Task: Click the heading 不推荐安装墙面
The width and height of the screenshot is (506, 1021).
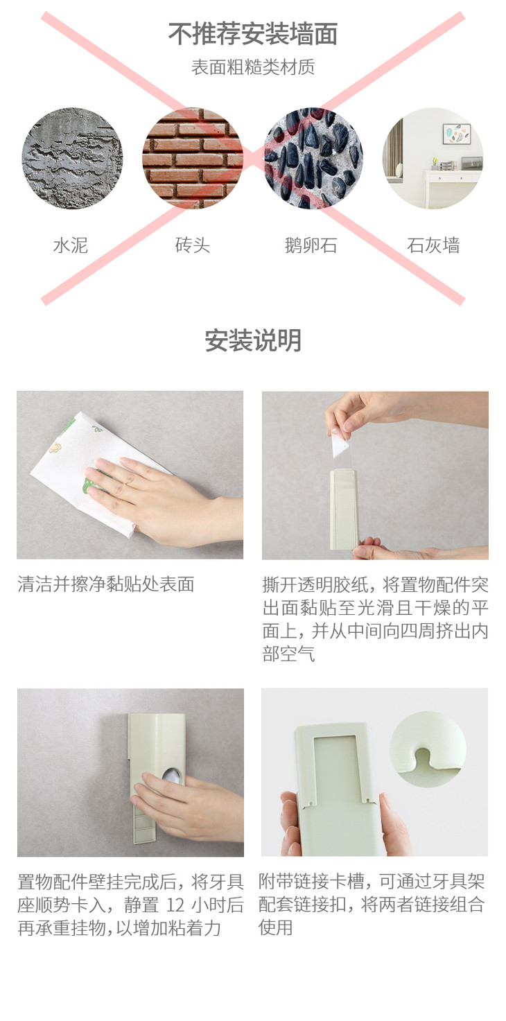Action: [253, 34]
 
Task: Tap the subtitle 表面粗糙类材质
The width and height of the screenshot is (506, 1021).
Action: [253, 67]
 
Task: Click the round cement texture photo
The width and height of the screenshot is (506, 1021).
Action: [72, 158]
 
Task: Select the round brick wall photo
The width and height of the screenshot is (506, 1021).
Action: [193, 158]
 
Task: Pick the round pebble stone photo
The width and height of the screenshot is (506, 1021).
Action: [313, 158]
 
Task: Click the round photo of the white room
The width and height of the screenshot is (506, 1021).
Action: [433, 158]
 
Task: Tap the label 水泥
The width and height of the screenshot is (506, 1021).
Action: [71, 245]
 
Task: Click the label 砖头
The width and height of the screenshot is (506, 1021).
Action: [193, 245]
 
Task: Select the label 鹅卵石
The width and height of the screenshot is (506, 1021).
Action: [311, 245]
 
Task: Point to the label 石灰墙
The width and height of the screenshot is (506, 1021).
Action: [433, 245]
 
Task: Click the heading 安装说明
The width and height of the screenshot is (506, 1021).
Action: [253, 340]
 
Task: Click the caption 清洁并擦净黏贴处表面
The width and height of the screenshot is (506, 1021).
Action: [106, 584]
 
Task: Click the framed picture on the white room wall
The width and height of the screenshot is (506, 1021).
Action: [457, 134]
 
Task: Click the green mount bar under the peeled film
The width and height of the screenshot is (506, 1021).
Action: [344, 509]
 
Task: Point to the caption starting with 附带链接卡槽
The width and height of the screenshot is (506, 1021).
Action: [372, 905]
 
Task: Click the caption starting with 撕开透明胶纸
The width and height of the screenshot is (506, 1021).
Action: [375, 619]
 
